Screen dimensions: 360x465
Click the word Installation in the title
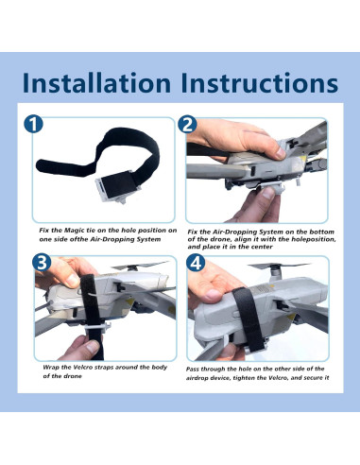point(96,82)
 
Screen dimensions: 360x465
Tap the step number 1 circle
point(33,124)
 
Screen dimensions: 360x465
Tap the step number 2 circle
point(187,124)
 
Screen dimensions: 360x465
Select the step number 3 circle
point(42,263)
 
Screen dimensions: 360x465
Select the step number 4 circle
point(196,263)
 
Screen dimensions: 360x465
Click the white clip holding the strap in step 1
point(117,188)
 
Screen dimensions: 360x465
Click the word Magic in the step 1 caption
point(74,231)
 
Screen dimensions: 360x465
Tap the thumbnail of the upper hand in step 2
point(279,153)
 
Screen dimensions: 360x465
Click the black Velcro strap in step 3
point(91,315)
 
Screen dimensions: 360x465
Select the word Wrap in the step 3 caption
point(51,367)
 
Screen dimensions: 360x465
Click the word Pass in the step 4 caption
point(192,369)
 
